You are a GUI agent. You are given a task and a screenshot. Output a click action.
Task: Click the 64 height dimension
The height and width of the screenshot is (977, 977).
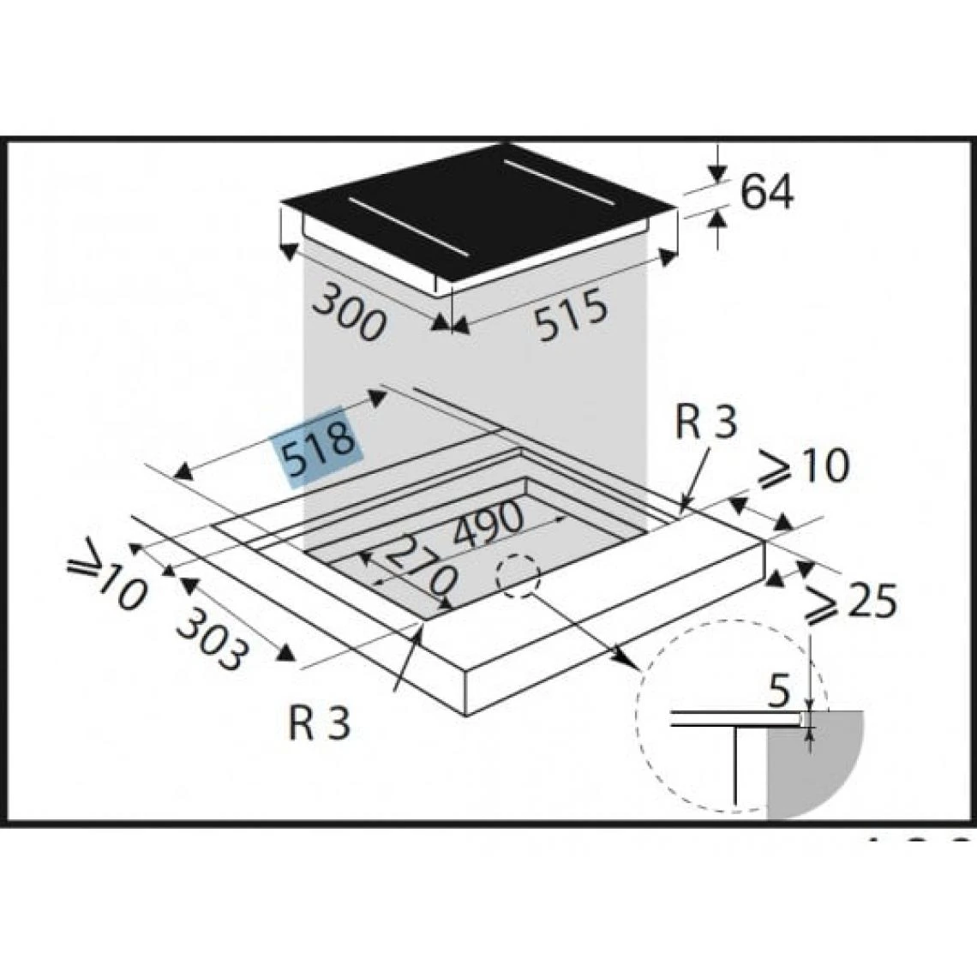tap(767, 191)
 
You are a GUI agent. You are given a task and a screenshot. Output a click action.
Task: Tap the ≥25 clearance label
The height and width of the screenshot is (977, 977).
tap(850, 602)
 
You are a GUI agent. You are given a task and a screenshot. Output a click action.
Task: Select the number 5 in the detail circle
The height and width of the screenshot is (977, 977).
tap(779, 692)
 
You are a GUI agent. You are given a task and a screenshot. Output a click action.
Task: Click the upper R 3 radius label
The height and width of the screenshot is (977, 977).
tap(706, 423)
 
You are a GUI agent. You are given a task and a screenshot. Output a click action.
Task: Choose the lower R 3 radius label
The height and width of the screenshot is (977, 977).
tap(320, 722)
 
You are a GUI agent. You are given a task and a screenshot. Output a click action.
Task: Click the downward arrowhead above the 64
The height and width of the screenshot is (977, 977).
tap(718, 172)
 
